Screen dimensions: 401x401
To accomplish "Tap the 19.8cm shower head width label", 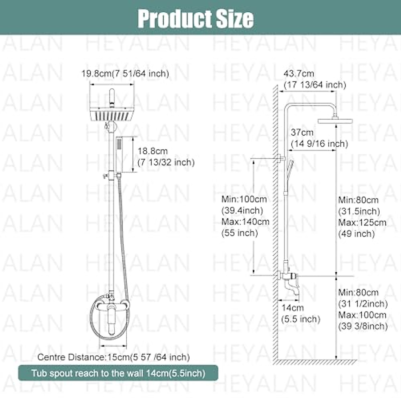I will click(125, 74).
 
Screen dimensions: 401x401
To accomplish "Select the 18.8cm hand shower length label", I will click(152, 151).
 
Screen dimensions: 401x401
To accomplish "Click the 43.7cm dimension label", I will click(299, 74).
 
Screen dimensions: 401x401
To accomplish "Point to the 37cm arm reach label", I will click(302, 132).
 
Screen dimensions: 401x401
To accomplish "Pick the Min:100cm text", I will click(244, 199).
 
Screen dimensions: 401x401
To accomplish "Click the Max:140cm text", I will click(245, 222).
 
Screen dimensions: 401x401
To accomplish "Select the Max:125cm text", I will click(362, 223).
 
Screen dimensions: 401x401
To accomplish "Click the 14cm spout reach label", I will click(292, 308).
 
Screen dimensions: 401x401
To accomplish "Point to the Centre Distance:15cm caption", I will click(114, 357).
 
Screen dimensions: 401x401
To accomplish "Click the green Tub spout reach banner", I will click(118, 373).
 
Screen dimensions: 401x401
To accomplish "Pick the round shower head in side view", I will click(331, 121).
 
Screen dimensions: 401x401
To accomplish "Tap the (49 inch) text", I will click(357, 234).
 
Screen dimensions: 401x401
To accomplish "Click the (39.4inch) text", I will click(242, 211).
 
